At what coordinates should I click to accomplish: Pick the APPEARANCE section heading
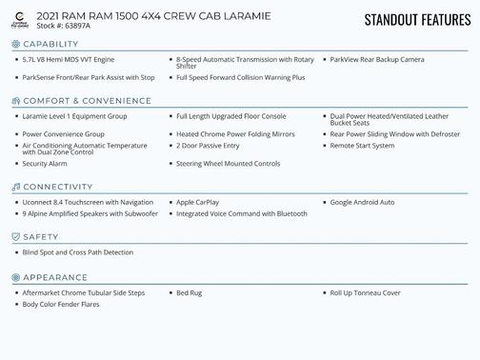[x=55, y=277]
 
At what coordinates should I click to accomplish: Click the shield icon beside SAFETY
[x=15, y=236]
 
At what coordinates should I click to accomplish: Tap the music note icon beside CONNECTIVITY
[x=15, y=187]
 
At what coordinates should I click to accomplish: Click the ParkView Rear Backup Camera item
[x=376, y=59]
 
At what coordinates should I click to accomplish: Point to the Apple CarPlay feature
[x=197, y=202]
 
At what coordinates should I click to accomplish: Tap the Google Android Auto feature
[x=362, y=202]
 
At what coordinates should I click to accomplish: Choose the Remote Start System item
[x=362, y=146]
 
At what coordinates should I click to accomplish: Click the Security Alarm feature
[x=44, y=164]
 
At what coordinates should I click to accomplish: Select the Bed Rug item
[x=189, y=292]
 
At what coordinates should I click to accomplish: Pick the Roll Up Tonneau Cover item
[x=365, y=292]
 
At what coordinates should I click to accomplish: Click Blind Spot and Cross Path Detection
[x=77, y=252]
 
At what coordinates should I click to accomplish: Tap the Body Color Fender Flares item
[x=61, y=304]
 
